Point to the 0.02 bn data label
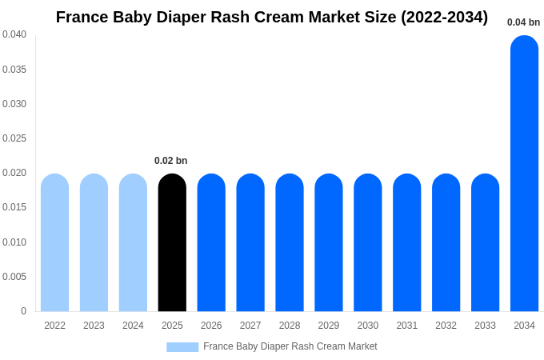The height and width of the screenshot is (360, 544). (170, 161)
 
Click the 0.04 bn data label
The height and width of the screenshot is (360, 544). (523, 22)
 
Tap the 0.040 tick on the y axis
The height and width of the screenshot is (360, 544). (14, 34)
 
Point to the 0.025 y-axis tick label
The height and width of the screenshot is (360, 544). (14, 138)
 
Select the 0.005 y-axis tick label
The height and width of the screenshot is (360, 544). (14, 277)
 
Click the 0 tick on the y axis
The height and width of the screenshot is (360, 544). (23, 311)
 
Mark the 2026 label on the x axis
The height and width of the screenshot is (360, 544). (211, 326)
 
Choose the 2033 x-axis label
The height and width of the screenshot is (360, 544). (485, 326)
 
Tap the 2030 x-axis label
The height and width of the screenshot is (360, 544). (368, 326)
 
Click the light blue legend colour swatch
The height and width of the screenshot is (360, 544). (182, 347)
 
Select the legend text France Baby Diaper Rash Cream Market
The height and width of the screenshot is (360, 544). (290, 346)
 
